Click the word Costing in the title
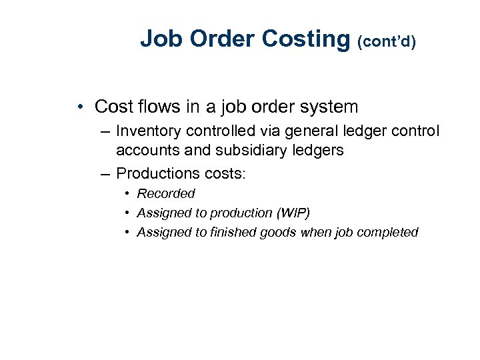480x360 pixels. click(305, 39)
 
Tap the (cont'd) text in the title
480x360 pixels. click(387, 42)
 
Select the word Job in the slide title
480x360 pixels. click(162, 39)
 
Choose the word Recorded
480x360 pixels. click(166, 193)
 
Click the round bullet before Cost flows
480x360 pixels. click(79, 107)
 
